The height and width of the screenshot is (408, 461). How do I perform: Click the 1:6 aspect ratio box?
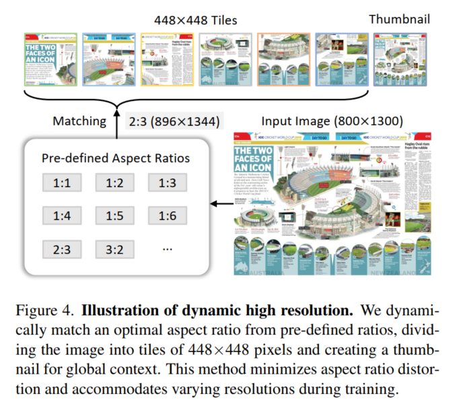click(168, 215)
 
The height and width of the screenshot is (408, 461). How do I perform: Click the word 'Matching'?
click(79, 121)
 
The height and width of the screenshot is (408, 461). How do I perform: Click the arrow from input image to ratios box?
click(217, 203)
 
